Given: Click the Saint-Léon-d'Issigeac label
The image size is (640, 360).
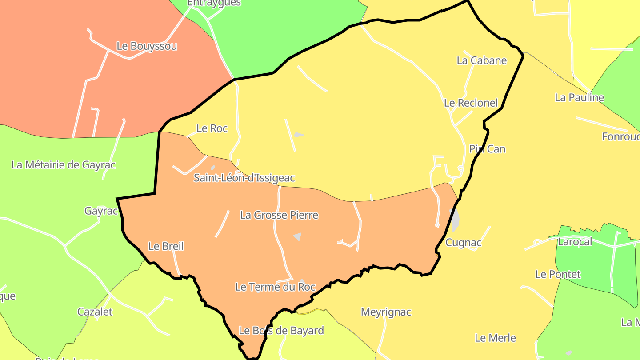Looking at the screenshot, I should click(244, 178).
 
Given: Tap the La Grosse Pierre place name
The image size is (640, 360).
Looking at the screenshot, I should click(279, 215).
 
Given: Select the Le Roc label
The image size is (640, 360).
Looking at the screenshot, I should click(212, 128).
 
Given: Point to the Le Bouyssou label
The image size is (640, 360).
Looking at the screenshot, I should click(147, 46).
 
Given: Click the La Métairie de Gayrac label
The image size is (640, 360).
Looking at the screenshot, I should click(63, 165).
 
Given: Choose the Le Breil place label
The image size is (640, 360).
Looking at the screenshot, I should click(166, 246).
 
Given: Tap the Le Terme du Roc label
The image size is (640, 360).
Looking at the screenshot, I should click(275, 287).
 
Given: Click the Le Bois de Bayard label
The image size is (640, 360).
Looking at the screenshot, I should click(281, 331).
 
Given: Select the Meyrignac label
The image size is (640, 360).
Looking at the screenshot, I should click(386, 312).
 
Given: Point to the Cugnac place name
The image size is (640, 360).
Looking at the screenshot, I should click(464, 243).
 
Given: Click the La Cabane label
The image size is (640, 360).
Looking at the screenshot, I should click(482, 60).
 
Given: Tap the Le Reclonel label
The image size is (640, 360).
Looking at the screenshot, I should click(471, 103).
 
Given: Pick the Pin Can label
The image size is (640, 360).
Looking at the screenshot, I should click(488, 149).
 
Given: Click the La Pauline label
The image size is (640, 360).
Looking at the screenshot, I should click(580, 97).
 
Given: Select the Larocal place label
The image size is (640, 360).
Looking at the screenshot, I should click(575, 242).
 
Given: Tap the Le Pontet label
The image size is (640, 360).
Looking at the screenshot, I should click(558, 274).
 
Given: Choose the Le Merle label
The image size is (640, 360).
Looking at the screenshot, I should click(495, 338).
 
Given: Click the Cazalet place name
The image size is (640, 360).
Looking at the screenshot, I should click(95, 312).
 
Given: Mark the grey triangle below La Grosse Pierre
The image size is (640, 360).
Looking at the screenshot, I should click(298, 236).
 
